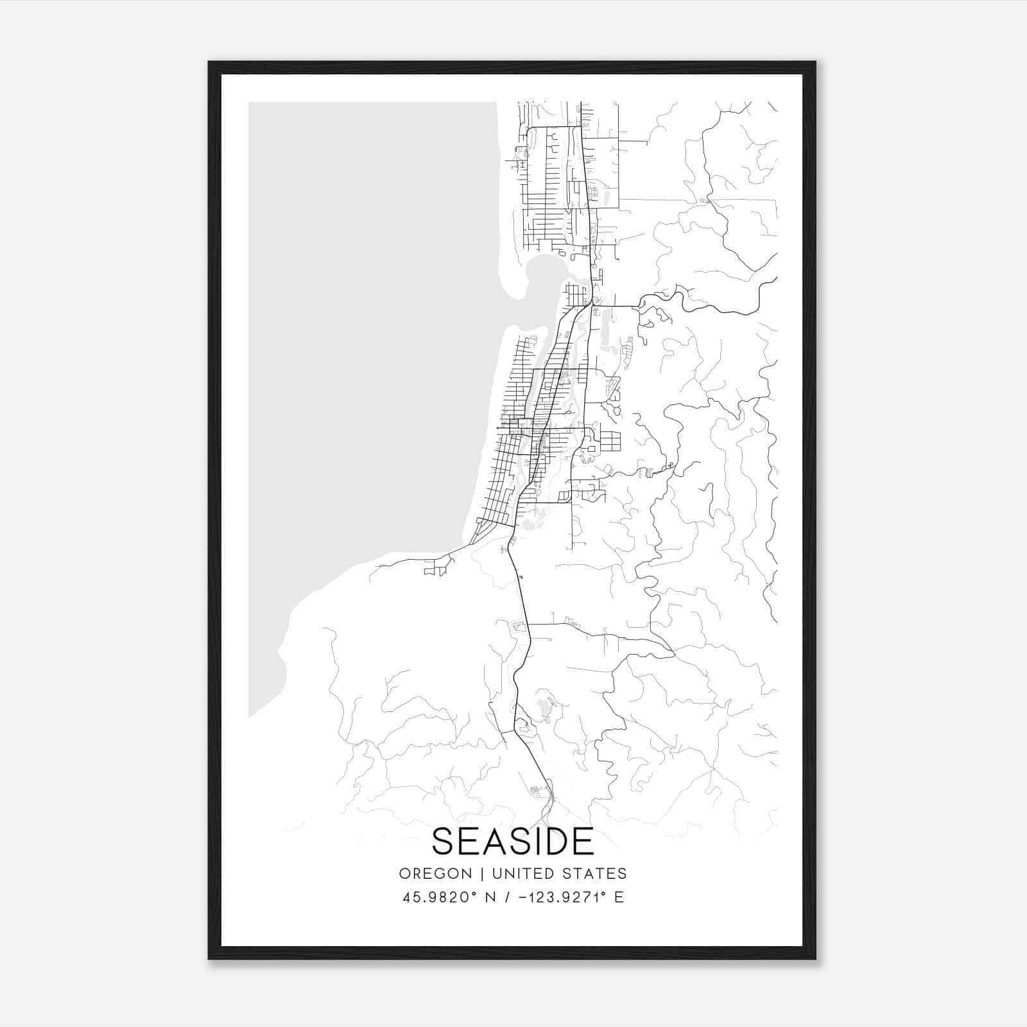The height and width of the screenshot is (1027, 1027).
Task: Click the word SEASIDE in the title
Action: (513, 841)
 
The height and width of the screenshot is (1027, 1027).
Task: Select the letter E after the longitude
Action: (619, 897)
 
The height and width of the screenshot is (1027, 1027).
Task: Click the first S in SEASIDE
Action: (443, 841)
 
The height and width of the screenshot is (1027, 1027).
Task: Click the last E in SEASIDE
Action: (584, 841)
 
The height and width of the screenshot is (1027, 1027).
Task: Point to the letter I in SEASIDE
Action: (535, 841)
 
